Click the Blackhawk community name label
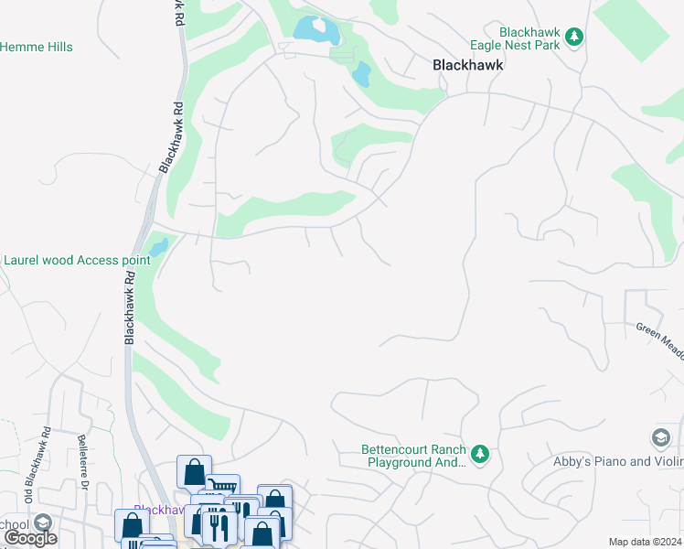pos(467,66)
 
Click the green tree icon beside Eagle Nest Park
pos(573,37)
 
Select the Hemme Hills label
pos(37,47)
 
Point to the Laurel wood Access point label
pos(77,260)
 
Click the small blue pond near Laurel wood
pos(158,247)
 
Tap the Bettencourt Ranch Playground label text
pos(413,456)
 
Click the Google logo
pos(30,538)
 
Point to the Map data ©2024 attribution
pos(645,542)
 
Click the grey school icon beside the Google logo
pos(41,522)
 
